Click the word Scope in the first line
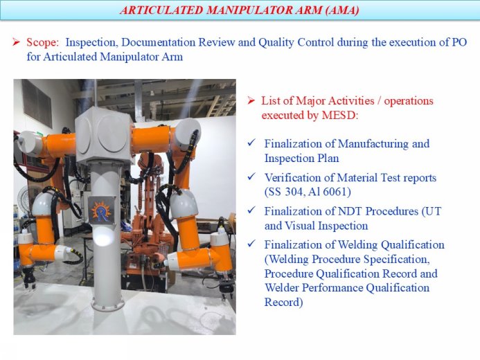(42, 42)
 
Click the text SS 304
(286, 191)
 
